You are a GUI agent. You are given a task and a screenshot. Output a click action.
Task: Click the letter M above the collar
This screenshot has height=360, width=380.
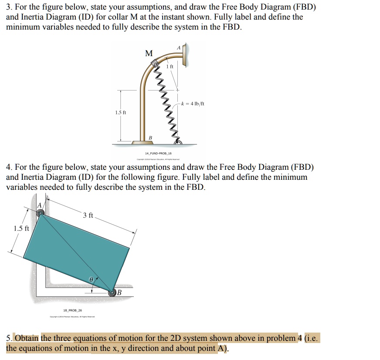coord(149,54)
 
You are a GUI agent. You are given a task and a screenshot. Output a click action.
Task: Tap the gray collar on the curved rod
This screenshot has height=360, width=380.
coord(155,65)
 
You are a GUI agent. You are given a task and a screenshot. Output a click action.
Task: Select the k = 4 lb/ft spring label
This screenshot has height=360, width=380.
coord(193,104)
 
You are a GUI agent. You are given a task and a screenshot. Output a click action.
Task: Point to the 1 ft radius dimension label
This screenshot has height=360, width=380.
coord(169,67)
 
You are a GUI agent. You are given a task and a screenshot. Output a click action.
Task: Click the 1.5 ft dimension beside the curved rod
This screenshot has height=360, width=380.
coord(121,113)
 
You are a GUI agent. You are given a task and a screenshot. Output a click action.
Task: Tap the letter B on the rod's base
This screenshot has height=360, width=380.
coord(151,138)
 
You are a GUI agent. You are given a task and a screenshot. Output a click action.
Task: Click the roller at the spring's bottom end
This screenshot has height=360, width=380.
coord(177,142)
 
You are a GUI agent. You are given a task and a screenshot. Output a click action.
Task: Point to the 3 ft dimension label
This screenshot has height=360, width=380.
coord(88,215)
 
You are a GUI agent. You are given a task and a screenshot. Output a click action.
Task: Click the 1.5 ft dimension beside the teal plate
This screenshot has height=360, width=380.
coord(21,229)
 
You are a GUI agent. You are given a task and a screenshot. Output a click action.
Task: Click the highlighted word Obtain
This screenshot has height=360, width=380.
coord(27,338)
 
